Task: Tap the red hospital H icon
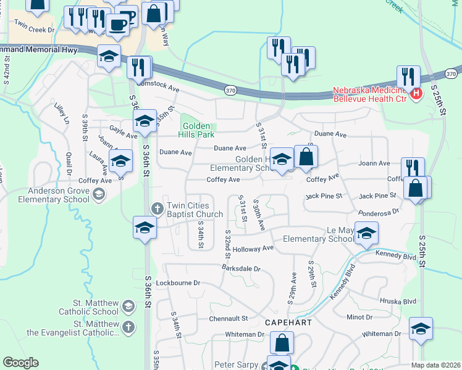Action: point(416,94)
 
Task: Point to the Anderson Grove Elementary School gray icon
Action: point(98,195)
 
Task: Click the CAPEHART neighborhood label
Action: point(285,323)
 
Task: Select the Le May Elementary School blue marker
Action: point(366,234)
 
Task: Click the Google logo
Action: point(20,362)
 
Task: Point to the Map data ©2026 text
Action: point(436,365)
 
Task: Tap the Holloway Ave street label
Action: point(253,249)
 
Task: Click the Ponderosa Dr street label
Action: point(379,210)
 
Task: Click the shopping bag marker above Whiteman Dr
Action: point(282,343)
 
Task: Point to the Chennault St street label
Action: point(228,319)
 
